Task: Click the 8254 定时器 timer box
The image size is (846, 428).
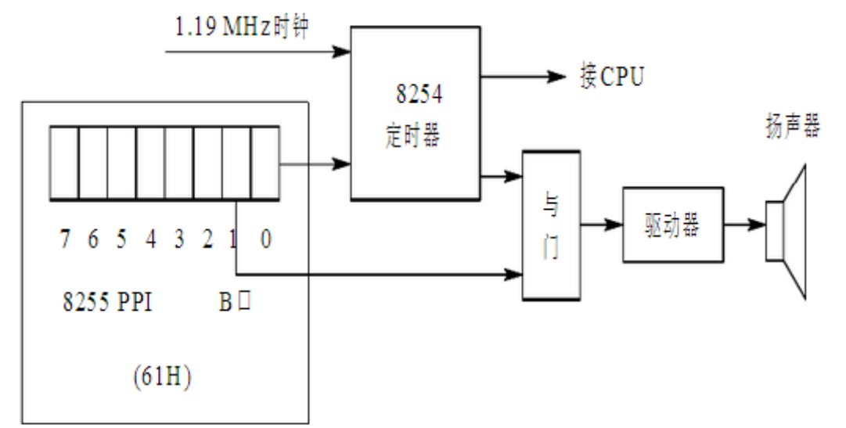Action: (x=414, y=113)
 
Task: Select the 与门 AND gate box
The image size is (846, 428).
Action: (x=552, y=225)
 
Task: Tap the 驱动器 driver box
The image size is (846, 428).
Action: (x=671, y=225)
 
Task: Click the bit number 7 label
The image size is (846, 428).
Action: (x=63, y=240)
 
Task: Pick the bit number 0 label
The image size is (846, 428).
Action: (x=266, y=240)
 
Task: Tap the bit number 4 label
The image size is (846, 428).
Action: (x=150, y=240)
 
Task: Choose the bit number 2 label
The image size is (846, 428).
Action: (x=207, y=240)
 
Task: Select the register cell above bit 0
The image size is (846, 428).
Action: (x=265, y=164)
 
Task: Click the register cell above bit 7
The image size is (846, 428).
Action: (x=63, y=164)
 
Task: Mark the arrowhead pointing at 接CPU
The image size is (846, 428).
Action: (x=556, y=77)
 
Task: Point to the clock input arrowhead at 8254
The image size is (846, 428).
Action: (x=341, y=52)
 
